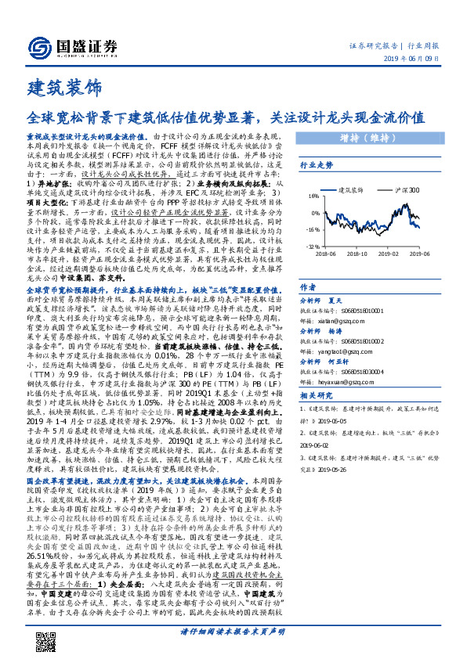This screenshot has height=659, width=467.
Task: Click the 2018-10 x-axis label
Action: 357,254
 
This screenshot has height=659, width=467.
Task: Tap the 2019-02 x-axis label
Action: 389,254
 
